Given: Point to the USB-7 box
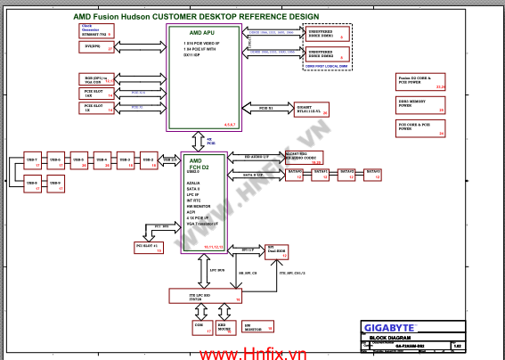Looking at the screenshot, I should [32, 161].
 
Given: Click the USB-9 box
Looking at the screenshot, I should [54, 185].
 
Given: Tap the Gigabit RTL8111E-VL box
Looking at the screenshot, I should [314, 108].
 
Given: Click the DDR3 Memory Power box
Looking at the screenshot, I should [419, 105].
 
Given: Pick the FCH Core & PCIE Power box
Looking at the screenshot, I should [419, 128].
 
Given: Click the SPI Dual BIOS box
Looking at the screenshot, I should [277, 251].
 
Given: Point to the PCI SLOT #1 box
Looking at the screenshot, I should [148, 247].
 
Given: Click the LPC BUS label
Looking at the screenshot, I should [216, 269].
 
